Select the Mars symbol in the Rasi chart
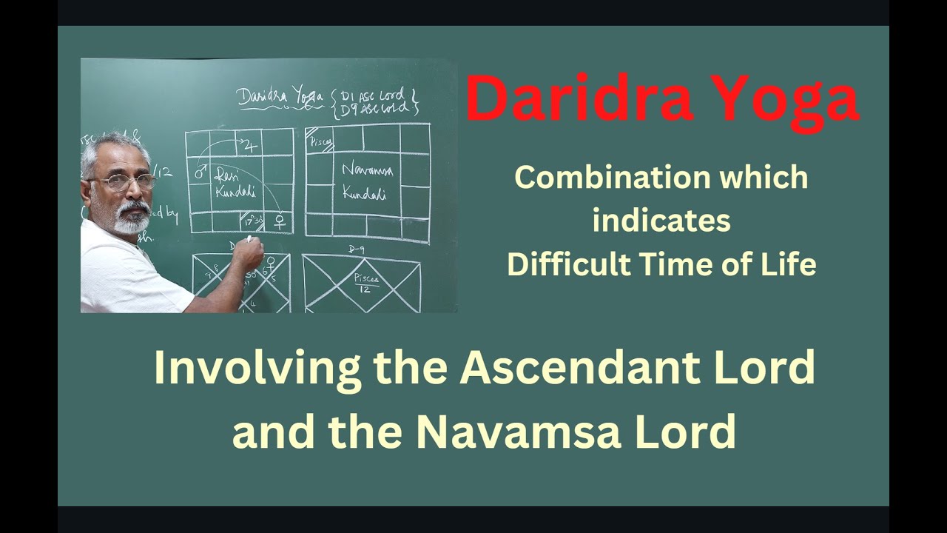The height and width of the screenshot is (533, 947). (199, 174)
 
